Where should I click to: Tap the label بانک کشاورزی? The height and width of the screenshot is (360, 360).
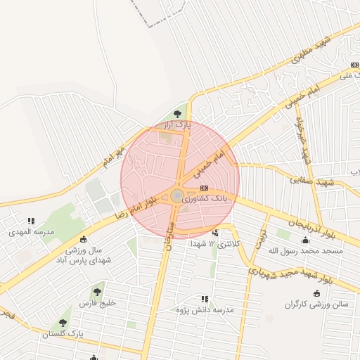(x=205, y=199)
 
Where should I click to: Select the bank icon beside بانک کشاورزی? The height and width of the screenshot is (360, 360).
(x=204, y=188)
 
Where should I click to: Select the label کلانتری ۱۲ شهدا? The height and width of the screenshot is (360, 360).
(x=215, y=243)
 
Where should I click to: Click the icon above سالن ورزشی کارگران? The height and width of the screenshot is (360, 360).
(x=316, y=293)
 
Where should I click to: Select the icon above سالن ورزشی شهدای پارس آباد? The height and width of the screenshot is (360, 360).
(x=84, y=239)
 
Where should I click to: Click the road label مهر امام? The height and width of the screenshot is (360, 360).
(x=112, y=157)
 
